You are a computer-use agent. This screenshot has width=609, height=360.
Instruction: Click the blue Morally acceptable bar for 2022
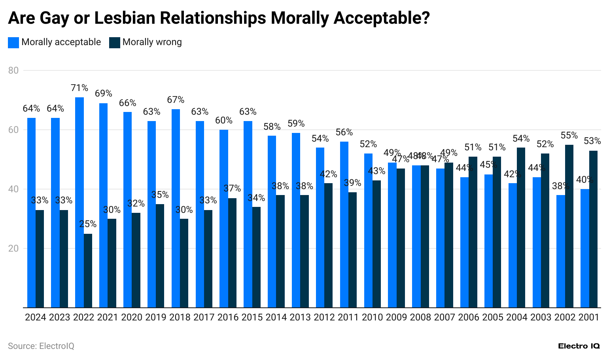(79, 202)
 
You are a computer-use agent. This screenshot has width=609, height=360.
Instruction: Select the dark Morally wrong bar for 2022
(88, 271)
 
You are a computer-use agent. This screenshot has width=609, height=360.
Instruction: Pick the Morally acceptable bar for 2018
(176, 208)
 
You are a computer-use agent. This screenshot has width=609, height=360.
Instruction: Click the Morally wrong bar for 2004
(521, 227)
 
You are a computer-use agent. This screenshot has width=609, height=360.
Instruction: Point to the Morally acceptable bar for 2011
(344, 224)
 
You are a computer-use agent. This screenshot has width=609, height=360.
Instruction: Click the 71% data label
(79, 88)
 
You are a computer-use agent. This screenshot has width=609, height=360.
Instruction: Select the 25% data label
(88, 224)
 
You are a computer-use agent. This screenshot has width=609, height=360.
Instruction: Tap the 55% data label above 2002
(569, 135)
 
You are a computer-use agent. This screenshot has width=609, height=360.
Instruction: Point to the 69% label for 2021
(104, 94)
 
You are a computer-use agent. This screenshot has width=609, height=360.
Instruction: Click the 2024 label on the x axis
(36, 317)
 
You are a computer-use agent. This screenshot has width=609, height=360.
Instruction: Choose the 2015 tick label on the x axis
(252, 317)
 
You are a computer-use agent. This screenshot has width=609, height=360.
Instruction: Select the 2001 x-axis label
(589, 317)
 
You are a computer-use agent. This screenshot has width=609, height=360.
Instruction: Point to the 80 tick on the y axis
(13, 70)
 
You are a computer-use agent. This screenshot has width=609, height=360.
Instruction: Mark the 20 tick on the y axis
(13, 248)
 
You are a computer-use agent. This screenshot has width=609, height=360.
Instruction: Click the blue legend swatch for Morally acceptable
(13, 43)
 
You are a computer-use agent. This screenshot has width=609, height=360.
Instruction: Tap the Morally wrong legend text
(152, 42)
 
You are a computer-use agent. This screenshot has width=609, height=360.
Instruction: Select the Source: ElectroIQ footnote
(41, 346)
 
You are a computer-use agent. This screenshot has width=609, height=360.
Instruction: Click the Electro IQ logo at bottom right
(579, 346)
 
